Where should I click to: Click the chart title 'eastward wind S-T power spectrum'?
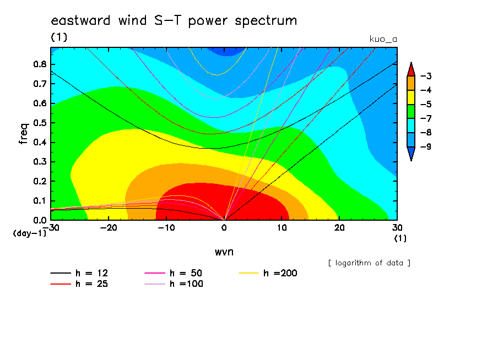tap(174, 21)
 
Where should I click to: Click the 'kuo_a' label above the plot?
tap(383, 39)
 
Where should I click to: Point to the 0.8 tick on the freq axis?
tap(40, 64)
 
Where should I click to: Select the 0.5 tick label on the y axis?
tap(40, 123)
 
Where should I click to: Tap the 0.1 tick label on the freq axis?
tap(40, 201)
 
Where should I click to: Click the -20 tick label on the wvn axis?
tap(109, 228)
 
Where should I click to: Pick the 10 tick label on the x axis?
tap(282, 228)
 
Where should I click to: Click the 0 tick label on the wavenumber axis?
tap(224, 228)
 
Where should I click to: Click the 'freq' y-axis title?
tap(24, 134)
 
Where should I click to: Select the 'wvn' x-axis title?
tap(224, 252)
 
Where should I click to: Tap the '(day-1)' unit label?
tap(29, 233)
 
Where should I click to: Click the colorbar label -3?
tap(426, 76)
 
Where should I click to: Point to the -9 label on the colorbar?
tap(426, 146)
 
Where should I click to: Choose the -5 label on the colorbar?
tap(426, 105)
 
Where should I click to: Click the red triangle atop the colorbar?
tap(411, 69)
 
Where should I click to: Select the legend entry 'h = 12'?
tap(79, 273)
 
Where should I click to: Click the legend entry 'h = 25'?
tap(79, 284)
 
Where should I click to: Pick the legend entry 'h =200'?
tap(268, 273)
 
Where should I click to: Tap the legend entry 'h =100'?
tap(174, 284)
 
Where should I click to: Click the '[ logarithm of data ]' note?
tap(370, 263)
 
